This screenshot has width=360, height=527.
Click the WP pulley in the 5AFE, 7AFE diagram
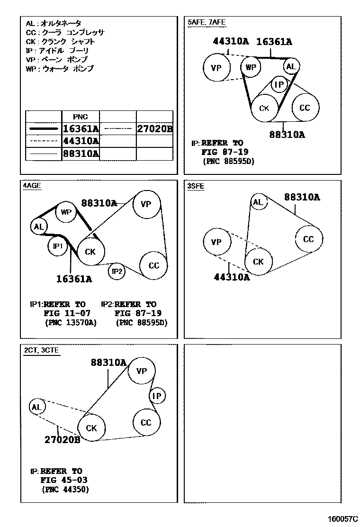251,67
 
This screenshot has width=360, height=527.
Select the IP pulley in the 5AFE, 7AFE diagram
280,85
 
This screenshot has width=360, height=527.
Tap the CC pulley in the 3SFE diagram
308,239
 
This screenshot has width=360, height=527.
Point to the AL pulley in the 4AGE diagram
39,227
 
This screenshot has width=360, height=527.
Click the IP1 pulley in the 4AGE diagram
58,246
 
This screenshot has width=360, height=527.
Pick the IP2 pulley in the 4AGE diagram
117,272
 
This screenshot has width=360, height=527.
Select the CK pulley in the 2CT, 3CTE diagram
91,428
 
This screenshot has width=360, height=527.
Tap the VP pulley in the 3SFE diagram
216,242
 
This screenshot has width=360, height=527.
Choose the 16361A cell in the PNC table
81,128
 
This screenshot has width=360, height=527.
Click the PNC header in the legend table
80,117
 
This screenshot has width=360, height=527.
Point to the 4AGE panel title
32,186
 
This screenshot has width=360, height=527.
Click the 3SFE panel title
196,186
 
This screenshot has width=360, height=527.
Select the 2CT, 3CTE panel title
42,350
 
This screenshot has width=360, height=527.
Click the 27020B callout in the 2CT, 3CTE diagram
62,440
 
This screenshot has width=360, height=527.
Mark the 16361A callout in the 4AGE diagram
74,279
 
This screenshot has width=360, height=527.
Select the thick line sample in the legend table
44,128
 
